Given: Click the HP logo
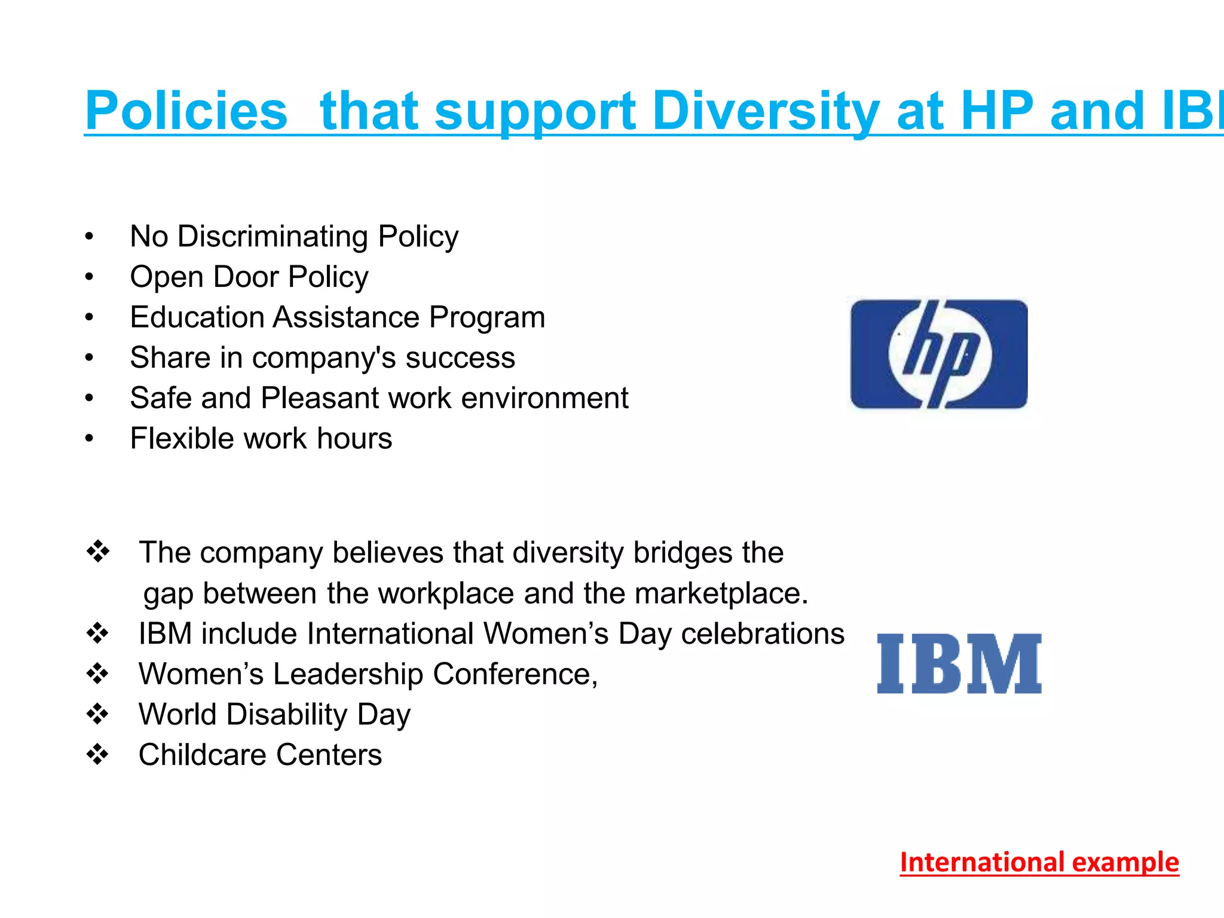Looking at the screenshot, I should (939, 354).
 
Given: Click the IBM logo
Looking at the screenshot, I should (959, 663).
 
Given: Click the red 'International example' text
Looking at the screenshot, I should (1039, 862).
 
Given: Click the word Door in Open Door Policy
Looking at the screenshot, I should (246, 277).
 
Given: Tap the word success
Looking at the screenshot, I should (460, 357).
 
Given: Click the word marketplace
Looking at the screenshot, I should (721, 593).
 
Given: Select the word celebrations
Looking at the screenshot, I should (763, 634).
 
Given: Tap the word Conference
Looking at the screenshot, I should (515, 674).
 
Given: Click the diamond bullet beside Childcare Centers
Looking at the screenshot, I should (97, 754).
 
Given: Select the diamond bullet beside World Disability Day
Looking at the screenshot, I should (97, 714).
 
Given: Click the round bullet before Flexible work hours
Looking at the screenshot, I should (89, 439).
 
